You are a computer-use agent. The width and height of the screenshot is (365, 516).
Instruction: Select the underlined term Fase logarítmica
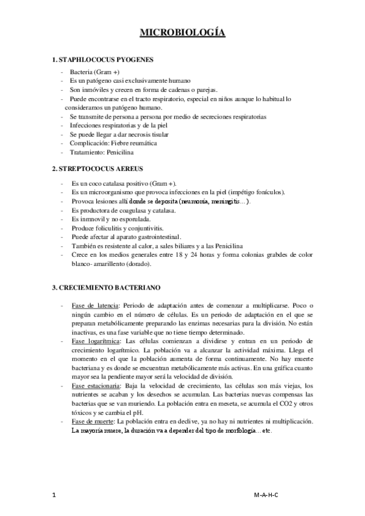click(x=91, y=342)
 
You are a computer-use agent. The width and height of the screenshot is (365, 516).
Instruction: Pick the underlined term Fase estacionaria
click(x=94, y=386)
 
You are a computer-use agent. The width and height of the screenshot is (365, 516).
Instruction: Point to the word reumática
click(x=142, y=143)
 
